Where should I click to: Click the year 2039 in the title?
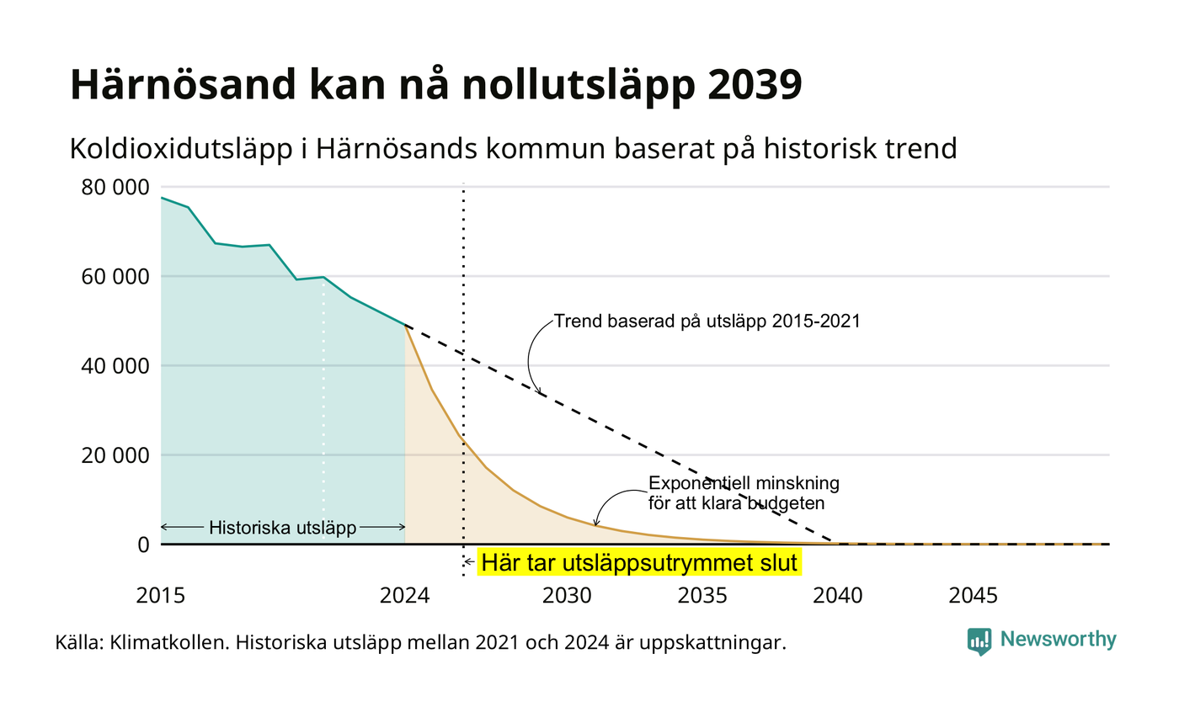coord(755,84)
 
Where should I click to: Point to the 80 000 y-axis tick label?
coord(115,187)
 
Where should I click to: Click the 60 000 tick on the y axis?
coord(115,277)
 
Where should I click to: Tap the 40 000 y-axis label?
coord(115,366)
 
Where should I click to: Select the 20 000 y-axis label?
coord(115,455)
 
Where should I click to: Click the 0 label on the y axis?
coord(144,545)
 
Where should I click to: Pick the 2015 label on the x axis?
coord(161,596)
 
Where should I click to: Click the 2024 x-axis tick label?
coord(405,596)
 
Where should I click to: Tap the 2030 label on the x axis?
coord(568,596)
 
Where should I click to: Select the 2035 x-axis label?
coord(702,596)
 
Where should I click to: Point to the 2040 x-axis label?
coord(838,596)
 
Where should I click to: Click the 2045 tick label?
coord(974,596)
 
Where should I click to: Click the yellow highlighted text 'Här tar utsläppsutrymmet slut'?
coord(639,563)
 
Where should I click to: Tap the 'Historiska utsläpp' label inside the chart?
coord(283,528)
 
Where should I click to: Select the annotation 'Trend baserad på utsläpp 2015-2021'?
coord(707,322)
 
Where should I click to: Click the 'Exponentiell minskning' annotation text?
coord(744,483)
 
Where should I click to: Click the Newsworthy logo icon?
coord(979,641)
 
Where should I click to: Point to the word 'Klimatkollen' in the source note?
coord(168,643)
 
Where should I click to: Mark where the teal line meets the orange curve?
coord(405,326)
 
